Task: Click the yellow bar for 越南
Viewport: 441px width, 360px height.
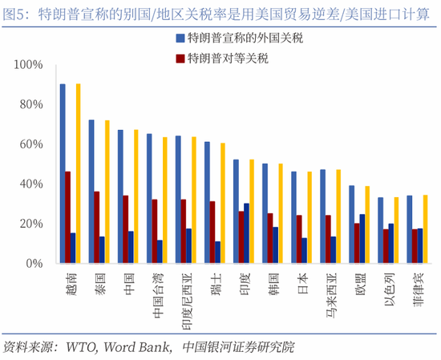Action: pos(78,173)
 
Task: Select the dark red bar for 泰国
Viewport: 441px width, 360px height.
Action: pos(97,227)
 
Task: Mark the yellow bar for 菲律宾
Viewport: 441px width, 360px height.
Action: pos(425,229)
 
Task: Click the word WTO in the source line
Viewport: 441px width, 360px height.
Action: pos(79,346)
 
